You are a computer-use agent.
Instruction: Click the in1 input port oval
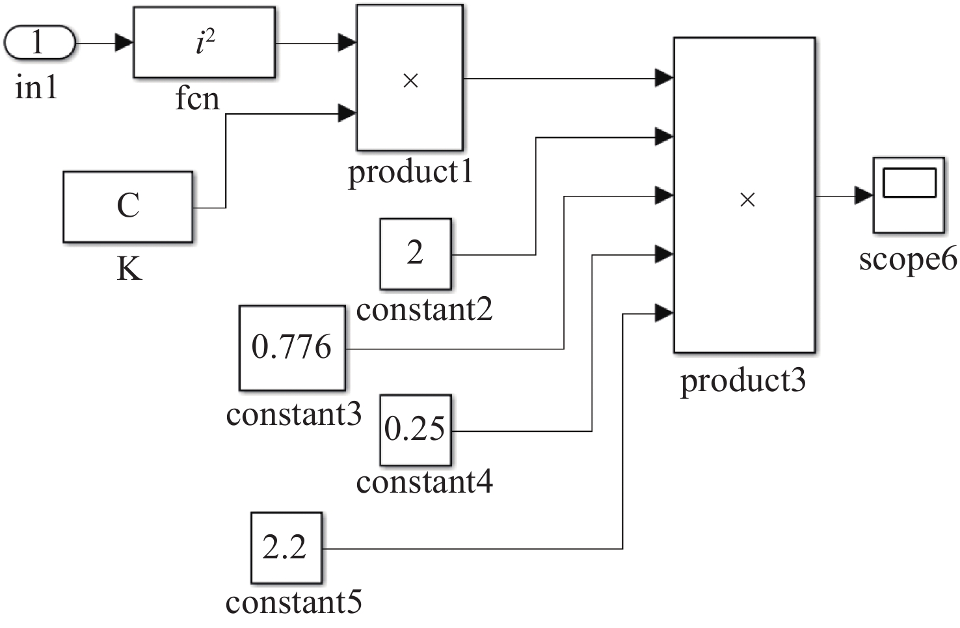pyautogui.click(x=40, y=43)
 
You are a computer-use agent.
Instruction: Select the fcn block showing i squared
pyautogui.click(x=204, y=43)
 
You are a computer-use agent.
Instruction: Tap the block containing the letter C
pyautogui.click(x=128, y=207)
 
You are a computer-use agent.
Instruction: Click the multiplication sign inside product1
pyautogui.click(x=410, y=81)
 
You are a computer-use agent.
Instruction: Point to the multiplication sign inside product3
pyautogui.click(x=747, y=200)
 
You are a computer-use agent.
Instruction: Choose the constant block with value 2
pyautogui.click(x=416, y=254)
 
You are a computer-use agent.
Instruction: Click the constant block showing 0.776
pyautogui.click(x=292, y=348)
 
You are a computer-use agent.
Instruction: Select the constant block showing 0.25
pyautogui.click(x=416, y=430)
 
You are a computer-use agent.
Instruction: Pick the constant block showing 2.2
pyautogui.click(x=286, y=548)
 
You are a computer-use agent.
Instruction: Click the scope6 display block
pyautogui.click(x=908, y=195)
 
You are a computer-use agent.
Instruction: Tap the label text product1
pyautogui.click(x=410, y=172)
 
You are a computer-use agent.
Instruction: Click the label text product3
pyautogui.click(x=743, y=380)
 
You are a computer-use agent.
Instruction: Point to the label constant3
pyautogui.click(x=294, y=415)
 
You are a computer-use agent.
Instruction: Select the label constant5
pyautogui.click(x=294, y=602)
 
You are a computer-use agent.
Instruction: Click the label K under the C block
pyautogui.click(x=129, y=267)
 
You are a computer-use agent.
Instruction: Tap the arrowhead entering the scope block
pyautogui.click(x=864, y=195)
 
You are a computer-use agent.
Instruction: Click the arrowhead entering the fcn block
pyautogui.click(x=124, y=44)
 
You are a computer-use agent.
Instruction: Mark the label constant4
pyautogui.click(x=424, y=482)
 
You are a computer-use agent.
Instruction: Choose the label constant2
pyautogui.click(x=424, y=310)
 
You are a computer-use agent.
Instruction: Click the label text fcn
pyautogui.click(x=197, y=99)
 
